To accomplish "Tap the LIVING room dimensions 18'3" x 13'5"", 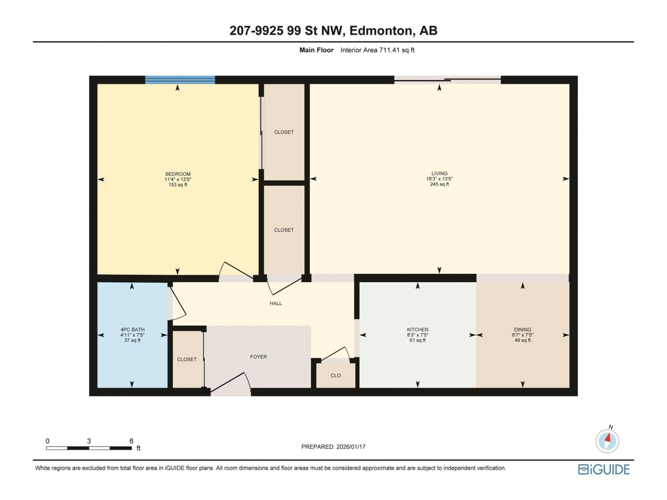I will pyautogui.click(x=439, y=179).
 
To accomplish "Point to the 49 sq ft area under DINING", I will pyautogui.click(x=522, y=340).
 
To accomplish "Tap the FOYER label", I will pyautogui.click(x=258, y=357).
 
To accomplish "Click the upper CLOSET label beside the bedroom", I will pyautogui.click(x=284, y=132).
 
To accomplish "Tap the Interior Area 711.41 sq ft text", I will pyautogui.click(x=377, y=50).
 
